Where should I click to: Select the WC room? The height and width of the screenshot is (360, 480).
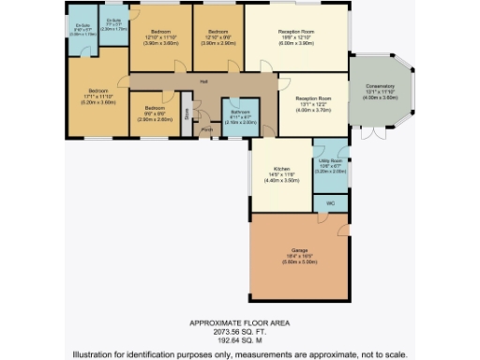click(x=330, y=201)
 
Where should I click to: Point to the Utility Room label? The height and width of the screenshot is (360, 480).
click(x=330, y=162)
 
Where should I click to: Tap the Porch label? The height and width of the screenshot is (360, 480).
click(x=205, y=130)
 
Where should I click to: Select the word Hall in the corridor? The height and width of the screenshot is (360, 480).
click(x=202, y=82)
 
